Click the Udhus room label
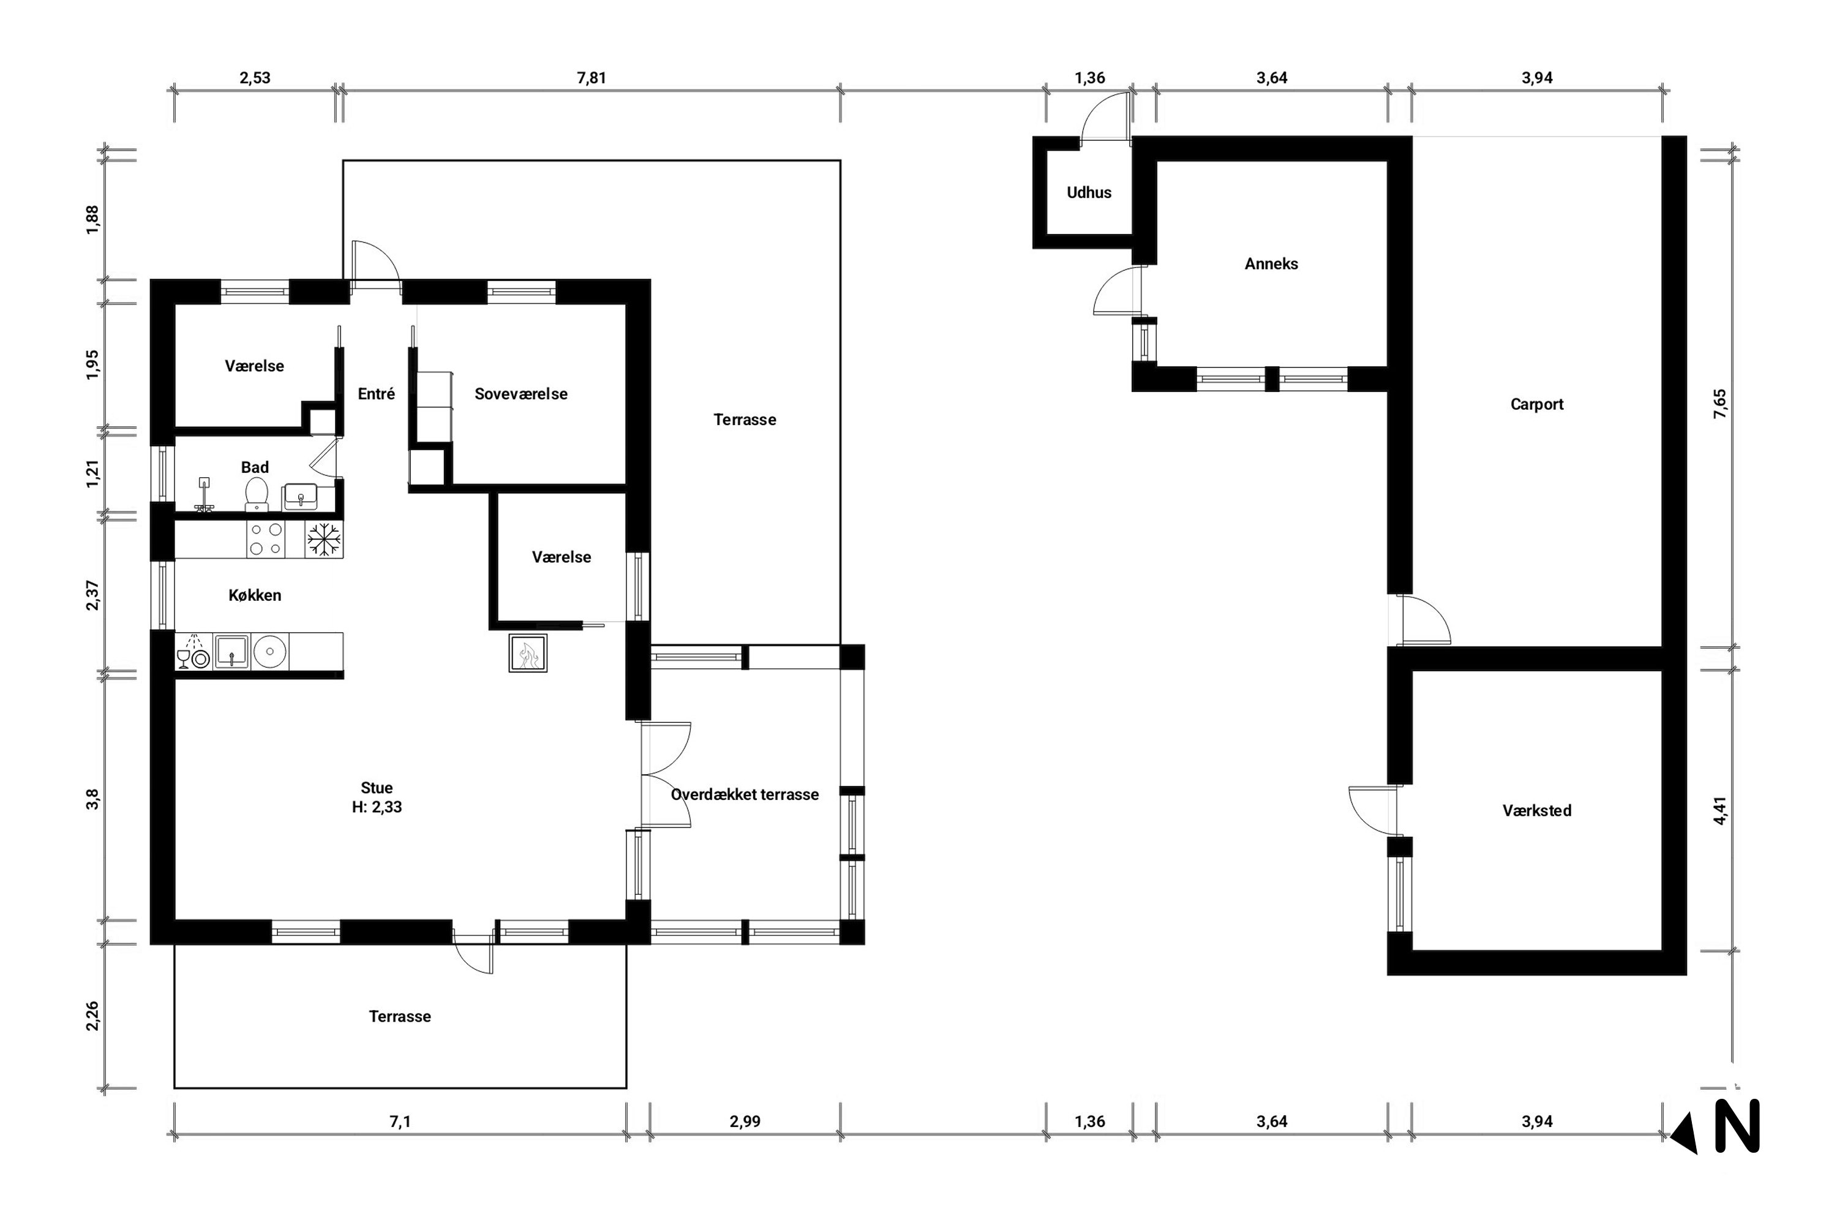(1089, 192)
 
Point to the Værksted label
(1536, 811)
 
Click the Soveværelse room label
(521, 394)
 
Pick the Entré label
(377, 394)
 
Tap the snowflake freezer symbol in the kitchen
(323, 539)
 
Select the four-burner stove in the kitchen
(266, 539)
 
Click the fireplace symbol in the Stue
(527, 653)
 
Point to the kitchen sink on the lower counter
(231, 650)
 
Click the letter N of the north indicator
(1737, 1126)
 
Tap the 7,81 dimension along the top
(592, 78)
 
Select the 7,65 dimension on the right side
(1721, 404)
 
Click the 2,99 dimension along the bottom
(745, 1122)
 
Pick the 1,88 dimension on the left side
(93, 219)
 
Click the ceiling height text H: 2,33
(377, 807)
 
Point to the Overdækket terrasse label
(745, 794)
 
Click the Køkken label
(255, 595)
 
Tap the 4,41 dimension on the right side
(1721, 810)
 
